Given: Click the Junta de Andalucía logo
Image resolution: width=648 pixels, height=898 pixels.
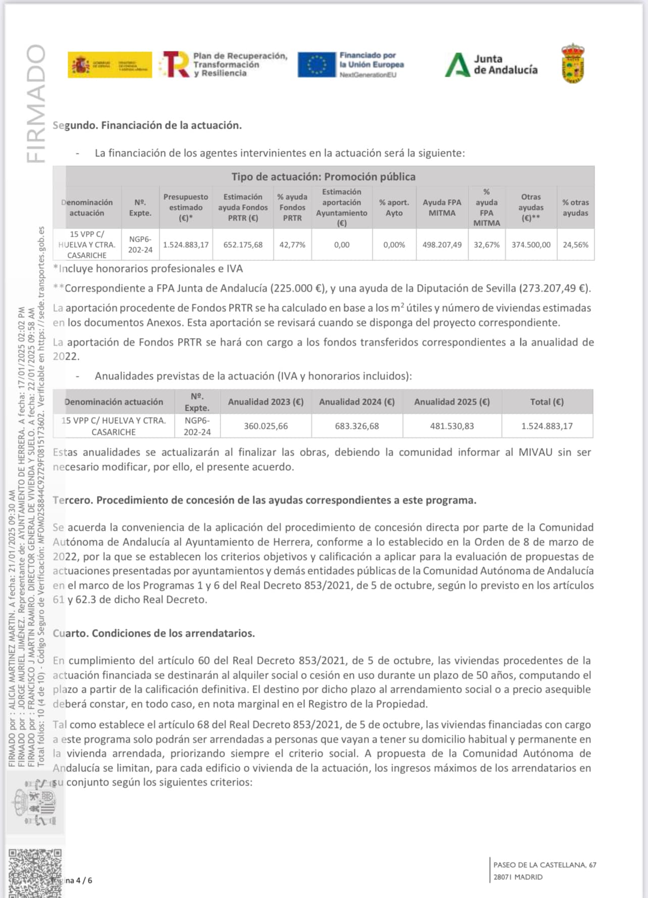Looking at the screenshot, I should pyautogui.click(x=491, y=65).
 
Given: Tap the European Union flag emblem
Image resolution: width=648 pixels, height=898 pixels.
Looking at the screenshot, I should pyautogui.click(x=316, y=65).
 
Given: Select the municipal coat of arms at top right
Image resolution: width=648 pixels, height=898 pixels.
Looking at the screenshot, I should pyautogui.click(x=573, y=63).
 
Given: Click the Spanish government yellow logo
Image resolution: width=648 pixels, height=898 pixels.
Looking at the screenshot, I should pyautogui.click(x=110, y=65).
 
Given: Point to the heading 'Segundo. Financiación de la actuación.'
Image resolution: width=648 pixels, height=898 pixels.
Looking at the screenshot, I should pyautogui.click(x=147, y=125).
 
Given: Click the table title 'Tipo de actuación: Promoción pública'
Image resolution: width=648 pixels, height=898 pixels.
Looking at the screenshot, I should pyautogui.click(x=323, y=177).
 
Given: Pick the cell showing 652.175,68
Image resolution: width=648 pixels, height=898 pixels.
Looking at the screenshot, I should pyautogui.click(x=243, y=245).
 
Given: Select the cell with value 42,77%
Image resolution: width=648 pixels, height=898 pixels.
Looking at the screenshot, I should pyautogui.click(x=292, y=245).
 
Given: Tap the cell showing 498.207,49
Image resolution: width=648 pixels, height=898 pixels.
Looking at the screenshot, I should pyautogui.click(x=442, y=245).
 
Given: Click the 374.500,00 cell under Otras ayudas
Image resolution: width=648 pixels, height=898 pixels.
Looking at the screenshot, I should pyautogui.click(x=531, y=245).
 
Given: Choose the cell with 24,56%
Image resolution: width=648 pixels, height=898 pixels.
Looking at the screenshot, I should pyautogui.click(x=575, y=245).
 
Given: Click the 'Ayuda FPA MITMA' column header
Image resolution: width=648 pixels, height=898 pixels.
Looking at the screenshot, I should pyautogui.click(x=442, y=207).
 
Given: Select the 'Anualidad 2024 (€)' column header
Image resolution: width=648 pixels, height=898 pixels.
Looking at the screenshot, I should pyautogui.click(x=357, y=402).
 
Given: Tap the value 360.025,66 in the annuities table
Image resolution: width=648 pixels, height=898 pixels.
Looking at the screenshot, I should pyautogui.click(x=266, y=426).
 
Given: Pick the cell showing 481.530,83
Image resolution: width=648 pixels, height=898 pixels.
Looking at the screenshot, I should pyautogui.click(x=452, y=426).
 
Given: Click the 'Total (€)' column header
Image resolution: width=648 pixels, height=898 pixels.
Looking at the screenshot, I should pyautogui.click(x=547, y=402).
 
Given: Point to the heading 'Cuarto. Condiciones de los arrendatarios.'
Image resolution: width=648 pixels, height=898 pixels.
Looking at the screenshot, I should pyautogui.click(x=154, y=633).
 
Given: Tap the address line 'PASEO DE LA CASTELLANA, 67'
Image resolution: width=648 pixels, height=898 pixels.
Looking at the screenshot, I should pyautogui.click(x=545, y=865).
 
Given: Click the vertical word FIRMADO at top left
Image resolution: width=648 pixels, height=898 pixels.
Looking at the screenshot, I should pyautogui.click(x=36, y=103).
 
